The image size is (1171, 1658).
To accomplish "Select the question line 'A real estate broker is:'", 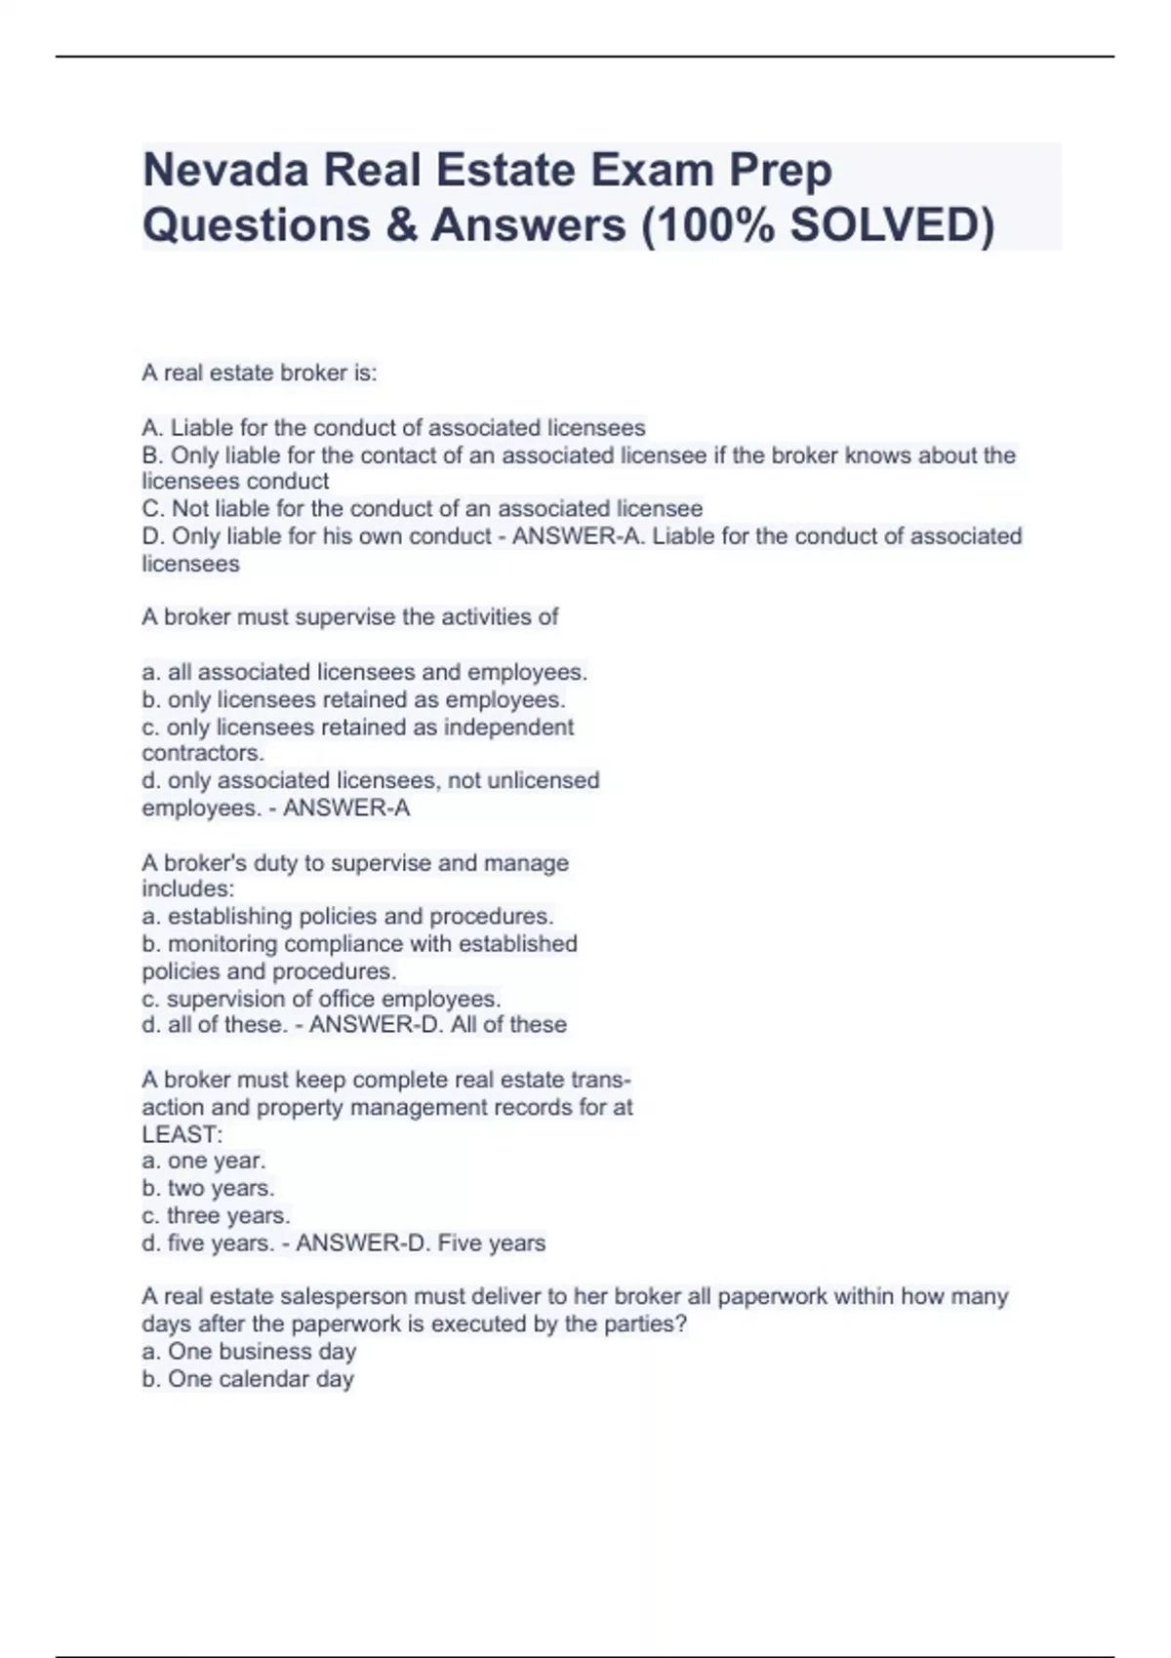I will [x=260, y=373].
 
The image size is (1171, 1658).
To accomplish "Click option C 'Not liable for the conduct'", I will [x=422, y=509].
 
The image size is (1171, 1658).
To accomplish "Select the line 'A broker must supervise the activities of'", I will [x=350, y=617].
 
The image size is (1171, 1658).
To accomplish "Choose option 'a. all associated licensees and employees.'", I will [x=364, y=672].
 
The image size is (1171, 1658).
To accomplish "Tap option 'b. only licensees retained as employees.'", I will [x=353, y=699].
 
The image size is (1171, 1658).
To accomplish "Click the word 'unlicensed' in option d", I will [x=544, y=780].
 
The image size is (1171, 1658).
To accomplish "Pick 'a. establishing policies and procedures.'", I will [x=347, y=917].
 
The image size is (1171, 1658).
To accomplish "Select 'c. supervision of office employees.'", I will [x=321, y=999].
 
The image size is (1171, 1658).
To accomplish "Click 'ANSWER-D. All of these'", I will [x=438, y=1025].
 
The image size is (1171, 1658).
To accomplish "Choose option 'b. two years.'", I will [x=208, y=1188].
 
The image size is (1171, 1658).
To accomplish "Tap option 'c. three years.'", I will [x=216, y=1215].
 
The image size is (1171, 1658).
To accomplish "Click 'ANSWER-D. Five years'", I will [x=421, y=1243].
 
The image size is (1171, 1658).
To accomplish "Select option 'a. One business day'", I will [x=249, y=1352].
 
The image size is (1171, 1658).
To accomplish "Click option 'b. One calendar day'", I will [x=248, y=1379].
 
